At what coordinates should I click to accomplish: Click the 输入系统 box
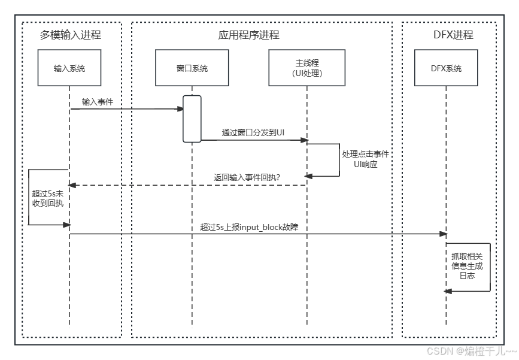coord(69,68)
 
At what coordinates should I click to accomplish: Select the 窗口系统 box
coord(192,68)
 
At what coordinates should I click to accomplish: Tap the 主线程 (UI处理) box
coord(306,68)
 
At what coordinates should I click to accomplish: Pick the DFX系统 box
coord(446,68)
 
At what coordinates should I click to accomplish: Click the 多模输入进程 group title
coord(70,35)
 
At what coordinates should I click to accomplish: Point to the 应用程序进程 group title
coord(248,35)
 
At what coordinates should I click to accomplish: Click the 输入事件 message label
coord(98,102)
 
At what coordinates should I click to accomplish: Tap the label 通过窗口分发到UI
coord(253,132)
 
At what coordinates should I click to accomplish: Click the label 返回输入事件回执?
coord(247,177)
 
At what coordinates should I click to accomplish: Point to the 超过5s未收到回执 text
coord(48,198)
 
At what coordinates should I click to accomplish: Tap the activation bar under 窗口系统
coord(192,119)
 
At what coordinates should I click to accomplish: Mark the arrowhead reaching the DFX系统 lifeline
coord(443,234)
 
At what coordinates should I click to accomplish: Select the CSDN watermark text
coord(471,350)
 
